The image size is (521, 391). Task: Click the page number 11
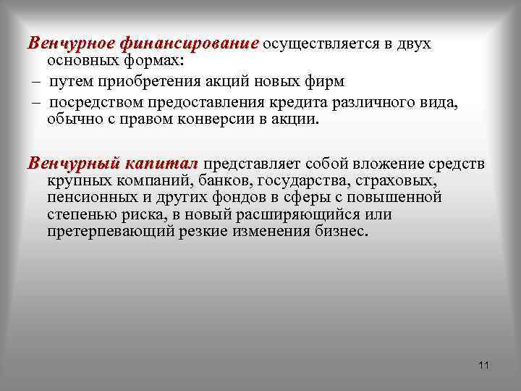[x=484, y=364]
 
